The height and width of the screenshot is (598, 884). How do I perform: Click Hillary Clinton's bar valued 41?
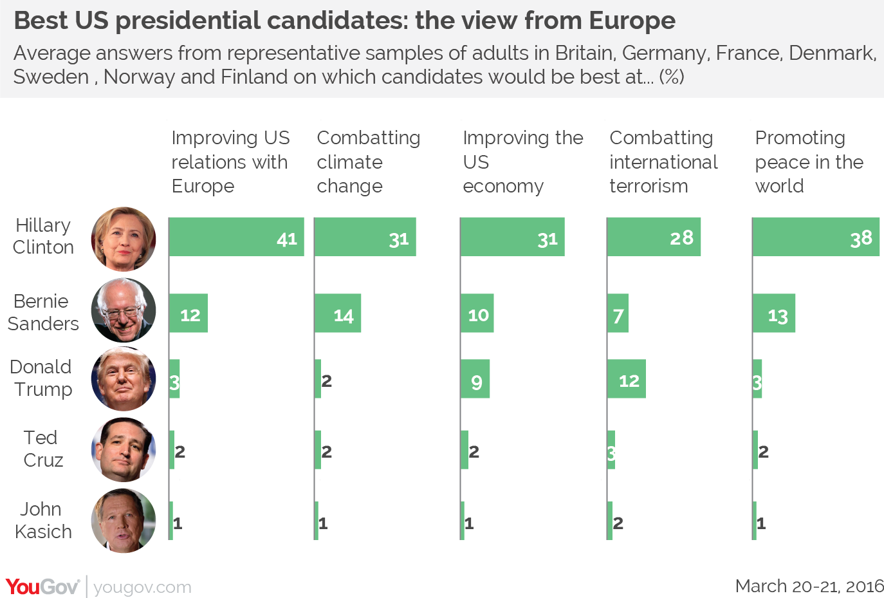coord(236,237)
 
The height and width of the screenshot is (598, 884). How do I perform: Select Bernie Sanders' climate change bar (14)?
coord(338,313)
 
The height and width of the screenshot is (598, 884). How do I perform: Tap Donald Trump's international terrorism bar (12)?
coord(627,379)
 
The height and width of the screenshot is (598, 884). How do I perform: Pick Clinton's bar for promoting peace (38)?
coord(816,237)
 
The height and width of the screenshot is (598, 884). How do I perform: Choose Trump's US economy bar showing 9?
coord(475,379)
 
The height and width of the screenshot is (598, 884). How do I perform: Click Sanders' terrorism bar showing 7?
coord(618,313)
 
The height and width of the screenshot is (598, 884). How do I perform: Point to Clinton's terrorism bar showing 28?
coord(654,237)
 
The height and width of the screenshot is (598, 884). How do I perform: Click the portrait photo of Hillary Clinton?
coord(124,239)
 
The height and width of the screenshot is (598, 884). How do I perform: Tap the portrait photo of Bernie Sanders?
coord(124,310)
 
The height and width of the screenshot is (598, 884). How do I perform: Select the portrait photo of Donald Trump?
coord(124,379)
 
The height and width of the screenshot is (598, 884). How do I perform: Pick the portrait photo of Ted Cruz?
coord(124,450)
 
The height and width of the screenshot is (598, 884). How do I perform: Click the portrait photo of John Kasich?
coord(124,521)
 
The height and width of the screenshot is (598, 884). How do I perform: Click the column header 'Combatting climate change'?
coord(368,162)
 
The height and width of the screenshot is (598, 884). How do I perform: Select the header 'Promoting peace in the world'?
coord(809,162)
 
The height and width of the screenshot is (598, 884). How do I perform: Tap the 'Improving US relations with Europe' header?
coord(230,162)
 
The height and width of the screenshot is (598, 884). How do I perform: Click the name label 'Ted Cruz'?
coord(42,449)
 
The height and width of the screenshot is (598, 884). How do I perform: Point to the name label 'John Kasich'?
coord(42,520)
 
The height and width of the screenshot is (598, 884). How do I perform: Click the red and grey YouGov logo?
coord(42,587)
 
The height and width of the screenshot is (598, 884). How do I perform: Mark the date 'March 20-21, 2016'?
coord(809,586)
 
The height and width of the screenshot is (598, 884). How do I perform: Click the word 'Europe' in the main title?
coord(632,21)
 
